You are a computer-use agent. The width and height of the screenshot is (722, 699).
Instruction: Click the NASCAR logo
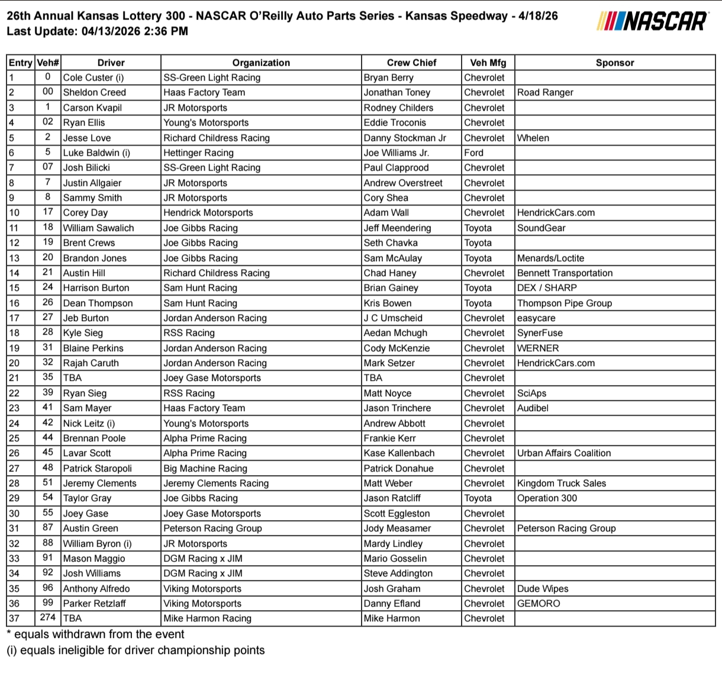[653, 21]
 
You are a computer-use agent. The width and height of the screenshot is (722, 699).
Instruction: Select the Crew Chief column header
[411, 63]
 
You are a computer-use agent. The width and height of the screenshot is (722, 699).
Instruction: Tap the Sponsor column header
[614, 63]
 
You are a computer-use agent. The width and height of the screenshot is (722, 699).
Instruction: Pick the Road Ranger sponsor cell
[545, 92]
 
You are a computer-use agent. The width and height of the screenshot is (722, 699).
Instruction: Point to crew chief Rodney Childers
[398, 108]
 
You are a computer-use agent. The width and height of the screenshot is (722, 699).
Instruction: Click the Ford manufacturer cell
[473, 153]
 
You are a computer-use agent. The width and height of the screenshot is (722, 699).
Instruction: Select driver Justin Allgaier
[92, 183]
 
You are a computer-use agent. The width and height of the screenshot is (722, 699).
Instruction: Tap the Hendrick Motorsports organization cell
[208, 213]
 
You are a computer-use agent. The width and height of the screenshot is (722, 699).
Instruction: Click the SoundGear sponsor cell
[541, 228]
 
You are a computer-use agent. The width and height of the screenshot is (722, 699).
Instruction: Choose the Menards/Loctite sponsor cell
[550, 258]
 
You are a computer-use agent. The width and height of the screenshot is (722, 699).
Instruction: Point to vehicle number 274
[48, 618]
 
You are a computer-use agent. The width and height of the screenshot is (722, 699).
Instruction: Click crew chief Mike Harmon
[392, 618]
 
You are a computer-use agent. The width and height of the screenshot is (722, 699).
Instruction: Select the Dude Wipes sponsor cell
[543, 589]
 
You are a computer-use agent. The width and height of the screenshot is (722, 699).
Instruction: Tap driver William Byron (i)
[98, 544]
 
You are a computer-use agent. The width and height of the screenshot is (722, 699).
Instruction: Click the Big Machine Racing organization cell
[205, 469]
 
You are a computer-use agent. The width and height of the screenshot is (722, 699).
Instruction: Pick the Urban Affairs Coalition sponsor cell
[564, 453]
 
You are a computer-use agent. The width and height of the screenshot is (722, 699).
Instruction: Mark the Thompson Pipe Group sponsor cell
[565, 303]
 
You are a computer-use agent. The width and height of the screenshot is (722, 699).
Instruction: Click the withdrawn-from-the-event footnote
[95, 634]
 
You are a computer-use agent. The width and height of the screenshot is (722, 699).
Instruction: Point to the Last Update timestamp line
[98, 31]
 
